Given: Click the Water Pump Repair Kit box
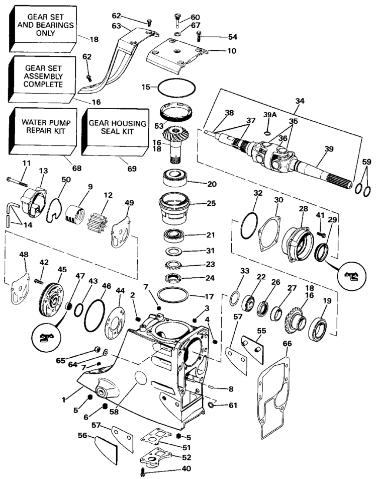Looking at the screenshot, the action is (43, 131).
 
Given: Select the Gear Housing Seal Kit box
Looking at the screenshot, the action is (116, 131).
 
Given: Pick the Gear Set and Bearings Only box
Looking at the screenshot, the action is (42, 28).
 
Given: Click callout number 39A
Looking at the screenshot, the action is (270, 115).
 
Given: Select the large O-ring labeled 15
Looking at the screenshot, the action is (176, 88).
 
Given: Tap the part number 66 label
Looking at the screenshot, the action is (287, 344).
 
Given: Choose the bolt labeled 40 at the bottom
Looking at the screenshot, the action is (143, 471).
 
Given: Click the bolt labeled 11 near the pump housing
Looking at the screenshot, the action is (17, 182).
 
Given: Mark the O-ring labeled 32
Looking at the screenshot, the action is (249, 225).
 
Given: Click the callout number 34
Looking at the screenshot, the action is (300, 101).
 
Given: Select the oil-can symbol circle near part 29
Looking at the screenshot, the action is (351, 276).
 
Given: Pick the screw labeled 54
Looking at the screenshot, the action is (199, 36).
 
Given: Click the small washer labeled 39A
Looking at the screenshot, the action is (267, 133).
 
